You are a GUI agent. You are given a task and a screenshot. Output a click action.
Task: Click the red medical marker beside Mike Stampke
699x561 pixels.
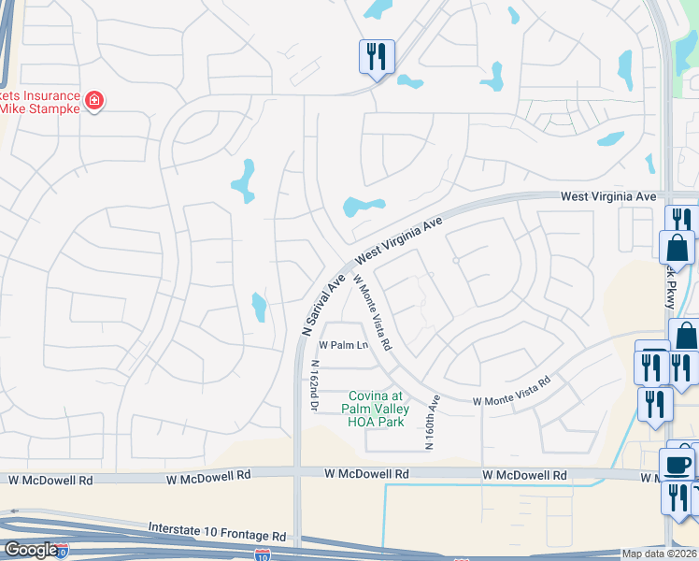(x=93, y=100)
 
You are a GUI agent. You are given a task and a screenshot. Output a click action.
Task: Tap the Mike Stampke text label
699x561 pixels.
(x=38, y=108)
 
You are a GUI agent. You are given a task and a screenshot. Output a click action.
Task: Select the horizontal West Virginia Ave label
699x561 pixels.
(x=608, y=197)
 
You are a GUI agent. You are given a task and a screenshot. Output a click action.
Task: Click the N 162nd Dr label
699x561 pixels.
(x=315, y=386)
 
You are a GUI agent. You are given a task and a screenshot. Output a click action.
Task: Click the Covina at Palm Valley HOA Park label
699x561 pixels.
(x=376, y=409)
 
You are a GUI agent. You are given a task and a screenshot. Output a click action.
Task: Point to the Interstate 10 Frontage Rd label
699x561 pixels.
(x=217, y=532)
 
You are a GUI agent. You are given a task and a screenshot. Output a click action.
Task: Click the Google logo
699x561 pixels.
(x=30, y=550)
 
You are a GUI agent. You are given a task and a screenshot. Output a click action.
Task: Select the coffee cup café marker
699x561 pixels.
(x=677, y=465)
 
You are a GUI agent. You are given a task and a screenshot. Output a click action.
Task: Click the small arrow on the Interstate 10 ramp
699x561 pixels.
(x=14, y=512)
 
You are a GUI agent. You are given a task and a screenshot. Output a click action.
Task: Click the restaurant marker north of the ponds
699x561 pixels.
(x=377, y=56)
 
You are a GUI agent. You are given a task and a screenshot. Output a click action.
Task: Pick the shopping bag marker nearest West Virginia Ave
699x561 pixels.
(x=677, y=249)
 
